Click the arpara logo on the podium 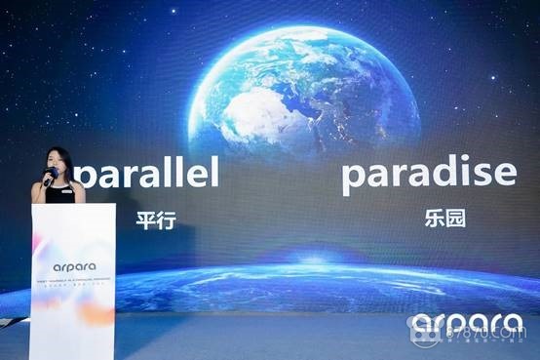73,264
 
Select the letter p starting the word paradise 354,177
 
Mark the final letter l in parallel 213,173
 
